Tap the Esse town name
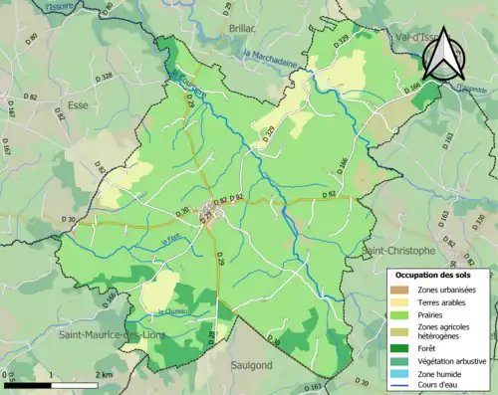point(78,103)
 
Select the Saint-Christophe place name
point(399,250)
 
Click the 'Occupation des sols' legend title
point(439,275)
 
